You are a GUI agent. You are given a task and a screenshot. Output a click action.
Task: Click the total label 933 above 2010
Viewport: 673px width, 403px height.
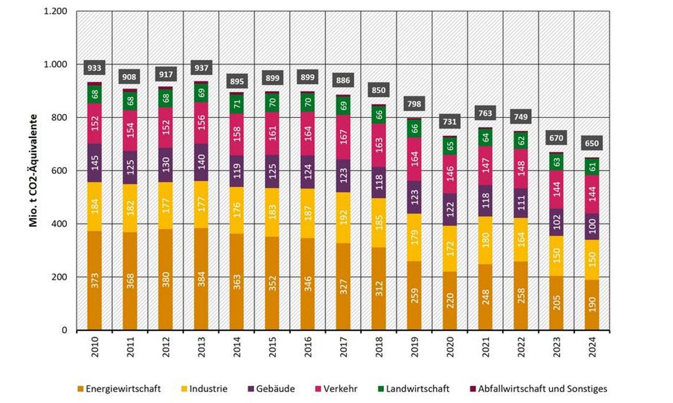click(x=94, y=68)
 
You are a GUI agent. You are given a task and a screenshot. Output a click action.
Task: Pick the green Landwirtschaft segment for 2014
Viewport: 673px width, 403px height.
click(x=237, y=104)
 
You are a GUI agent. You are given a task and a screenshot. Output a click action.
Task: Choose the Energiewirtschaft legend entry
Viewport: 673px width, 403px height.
click(x=118, y=389)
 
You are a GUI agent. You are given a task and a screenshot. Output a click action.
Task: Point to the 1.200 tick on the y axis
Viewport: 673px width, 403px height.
click(x=55, y=11)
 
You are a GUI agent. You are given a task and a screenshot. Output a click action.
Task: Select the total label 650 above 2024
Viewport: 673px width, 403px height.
click(x=592, y=143)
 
